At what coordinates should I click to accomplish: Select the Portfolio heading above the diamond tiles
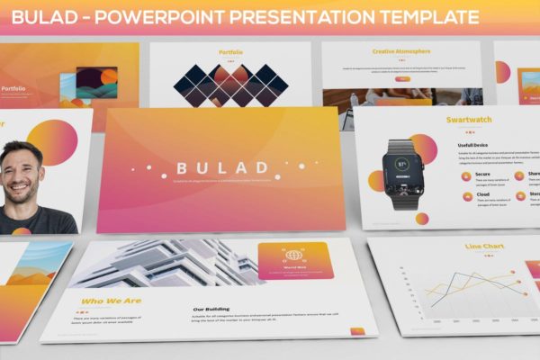tap(230, 52)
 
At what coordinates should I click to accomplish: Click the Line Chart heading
tap(484, 246)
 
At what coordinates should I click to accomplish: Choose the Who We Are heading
tap(111, 301)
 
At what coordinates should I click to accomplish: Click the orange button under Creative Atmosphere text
tap(403, 79)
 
